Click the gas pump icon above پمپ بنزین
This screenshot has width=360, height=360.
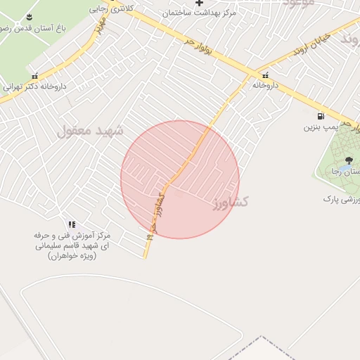(321, 116)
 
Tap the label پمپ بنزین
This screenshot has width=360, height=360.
(321, 128)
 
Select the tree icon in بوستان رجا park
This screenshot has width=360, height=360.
(349, 161)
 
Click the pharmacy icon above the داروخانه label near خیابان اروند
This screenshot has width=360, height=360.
(266, 75)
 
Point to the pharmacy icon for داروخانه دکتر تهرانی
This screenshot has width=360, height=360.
(34, 76)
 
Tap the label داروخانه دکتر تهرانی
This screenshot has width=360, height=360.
(34, 87)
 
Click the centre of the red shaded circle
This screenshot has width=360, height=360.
(180, 179)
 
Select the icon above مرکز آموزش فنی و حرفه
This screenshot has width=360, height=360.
(72, 224)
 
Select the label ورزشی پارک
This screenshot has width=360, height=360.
(341, 200)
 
